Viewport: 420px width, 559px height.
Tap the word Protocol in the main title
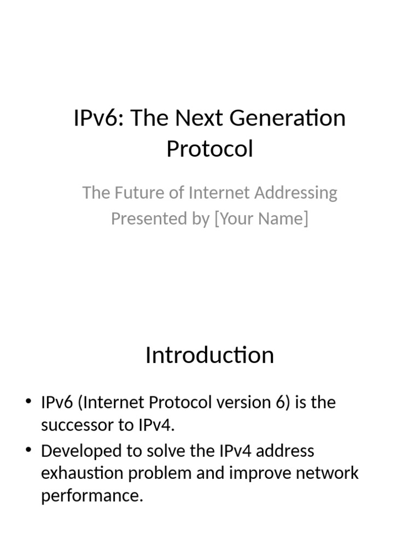[209, 148]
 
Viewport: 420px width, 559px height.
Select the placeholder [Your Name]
[261, 218]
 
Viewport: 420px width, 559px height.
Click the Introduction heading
[209, 355]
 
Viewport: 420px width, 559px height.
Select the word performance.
[92, 496]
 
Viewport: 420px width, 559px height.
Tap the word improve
[257, 473]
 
